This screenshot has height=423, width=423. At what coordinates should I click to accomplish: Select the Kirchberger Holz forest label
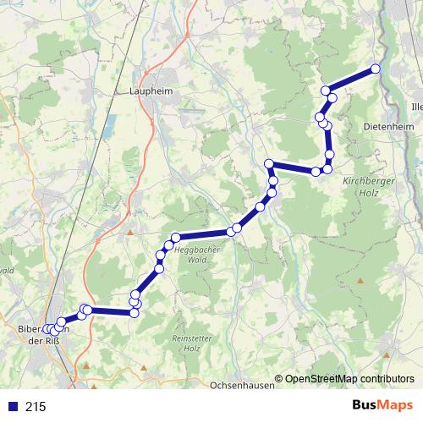[x=365, y=188]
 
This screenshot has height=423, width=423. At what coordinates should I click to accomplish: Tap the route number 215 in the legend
[x=36, y=407]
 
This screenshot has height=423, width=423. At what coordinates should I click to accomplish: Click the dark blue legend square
[x=11, y=407]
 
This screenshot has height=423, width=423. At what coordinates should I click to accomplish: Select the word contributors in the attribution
[x=386, y=380]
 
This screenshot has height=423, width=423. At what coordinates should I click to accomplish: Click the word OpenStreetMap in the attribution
[x=321, y=380]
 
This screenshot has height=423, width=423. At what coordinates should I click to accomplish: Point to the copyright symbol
[x=279, y=380]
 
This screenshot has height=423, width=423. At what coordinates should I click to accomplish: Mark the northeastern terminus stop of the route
[x=376, y=69]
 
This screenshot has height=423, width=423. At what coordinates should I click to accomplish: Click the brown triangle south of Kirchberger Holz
[x=360, y=281]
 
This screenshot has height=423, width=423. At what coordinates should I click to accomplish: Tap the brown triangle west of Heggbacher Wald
[x=130, y=231]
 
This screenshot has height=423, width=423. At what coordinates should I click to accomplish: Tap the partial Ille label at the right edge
[x=415, y=107]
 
